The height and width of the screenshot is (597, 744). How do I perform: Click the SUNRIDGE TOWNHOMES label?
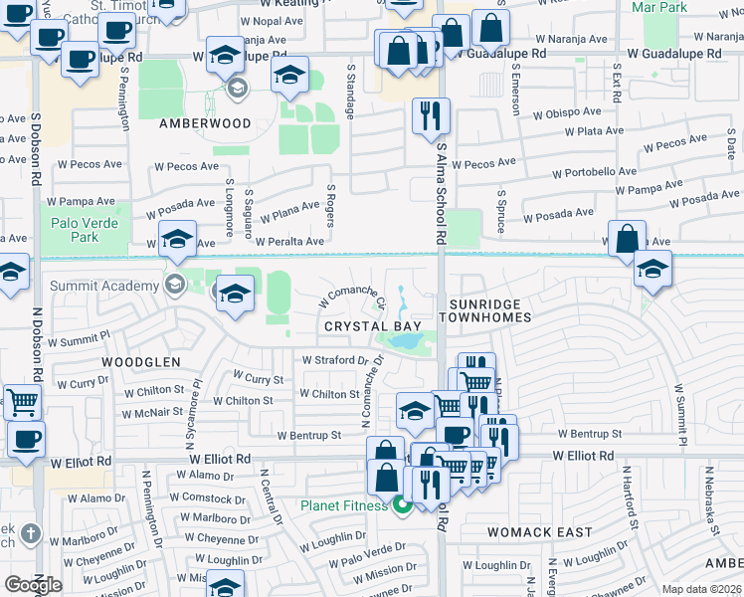coord(489,308)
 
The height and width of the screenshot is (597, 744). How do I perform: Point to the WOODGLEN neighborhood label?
coord(140,362)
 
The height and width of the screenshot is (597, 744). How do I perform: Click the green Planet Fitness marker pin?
coord(402,506)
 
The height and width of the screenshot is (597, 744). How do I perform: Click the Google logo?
coord(33,584)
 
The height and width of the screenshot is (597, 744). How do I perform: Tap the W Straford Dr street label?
coord(336,359)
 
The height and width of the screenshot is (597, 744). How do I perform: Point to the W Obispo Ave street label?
coord(567,113)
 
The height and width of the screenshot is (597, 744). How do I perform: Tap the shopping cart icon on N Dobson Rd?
coord(23,402)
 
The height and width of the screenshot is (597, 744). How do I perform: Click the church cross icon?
coord(31,533)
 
